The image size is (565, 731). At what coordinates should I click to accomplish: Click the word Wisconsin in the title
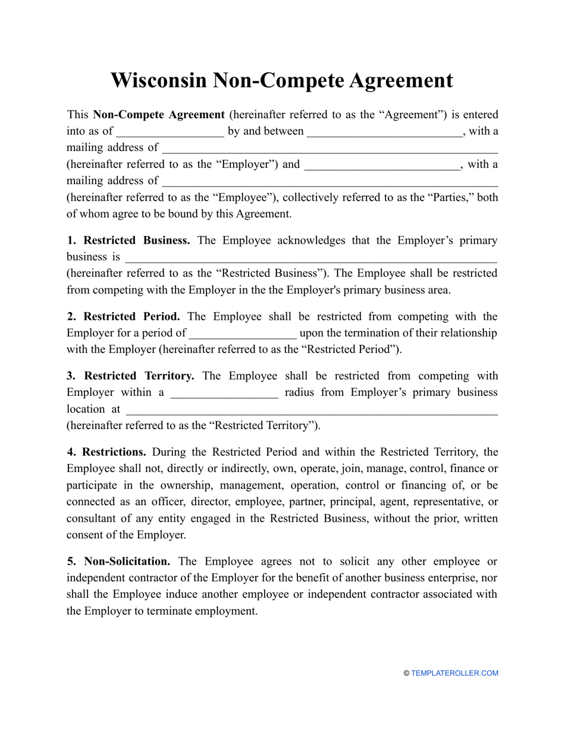point(158,80)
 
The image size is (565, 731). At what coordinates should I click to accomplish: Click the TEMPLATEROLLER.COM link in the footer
point(454,673)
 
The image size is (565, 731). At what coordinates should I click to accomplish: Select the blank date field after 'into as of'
point(170,132)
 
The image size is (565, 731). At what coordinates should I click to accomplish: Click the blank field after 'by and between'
point(384,132)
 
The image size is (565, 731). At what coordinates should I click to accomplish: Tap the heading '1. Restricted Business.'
point(128,241)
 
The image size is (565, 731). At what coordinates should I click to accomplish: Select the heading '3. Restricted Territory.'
point(130,376)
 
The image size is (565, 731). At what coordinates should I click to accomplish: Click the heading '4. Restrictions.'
point(106,452)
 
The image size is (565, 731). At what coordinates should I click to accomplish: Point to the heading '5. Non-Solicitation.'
point(118,562)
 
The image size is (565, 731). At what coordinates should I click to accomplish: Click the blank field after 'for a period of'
point(243,333)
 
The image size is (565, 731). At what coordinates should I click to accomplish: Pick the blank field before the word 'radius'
point(224,393)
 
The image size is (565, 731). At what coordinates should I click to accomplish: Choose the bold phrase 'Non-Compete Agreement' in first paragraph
point(159,115)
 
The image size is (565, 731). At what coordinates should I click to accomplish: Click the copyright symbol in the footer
point(406,673)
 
